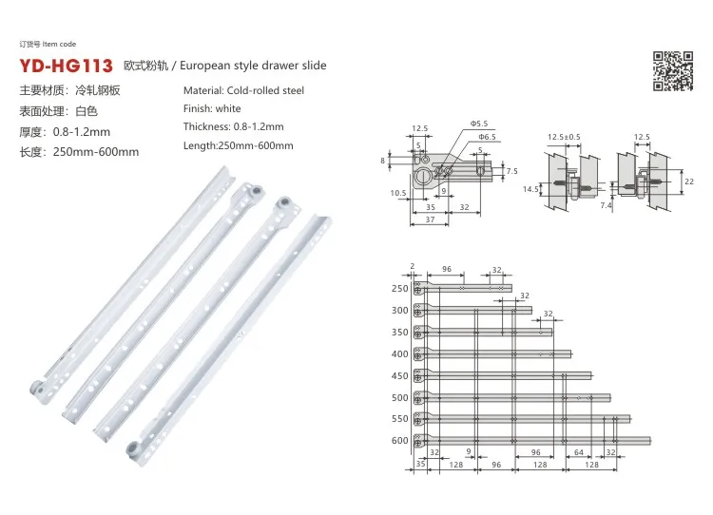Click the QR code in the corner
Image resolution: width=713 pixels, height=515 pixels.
671,72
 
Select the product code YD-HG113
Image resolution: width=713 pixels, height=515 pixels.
66,67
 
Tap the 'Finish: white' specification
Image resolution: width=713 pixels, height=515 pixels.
211,109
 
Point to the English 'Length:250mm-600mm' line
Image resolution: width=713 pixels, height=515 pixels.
238,145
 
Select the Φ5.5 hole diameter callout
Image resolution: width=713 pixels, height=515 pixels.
477,124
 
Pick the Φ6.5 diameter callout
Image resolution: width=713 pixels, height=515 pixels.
487,138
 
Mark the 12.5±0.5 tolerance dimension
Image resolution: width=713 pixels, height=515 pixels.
563,138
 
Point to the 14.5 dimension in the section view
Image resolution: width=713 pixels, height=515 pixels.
530,189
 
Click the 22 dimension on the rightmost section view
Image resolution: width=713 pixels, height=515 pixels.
689,181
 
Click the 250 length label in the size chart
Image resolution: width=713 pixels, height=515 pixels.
399,289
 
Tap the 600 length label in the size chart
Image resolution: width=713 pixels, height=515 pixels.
399,441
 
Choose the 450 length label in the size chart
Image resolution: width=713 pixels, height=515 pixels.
399,376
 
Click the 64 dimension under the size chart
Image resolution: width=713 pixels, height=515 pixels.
579,453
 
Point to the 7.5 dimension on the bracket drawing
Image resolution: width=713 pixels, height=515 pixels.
511,171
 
